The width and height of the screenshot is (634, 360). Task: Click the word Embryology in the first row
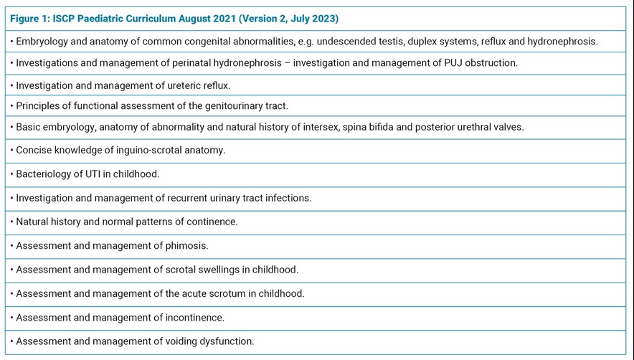pyautogui.click(x=42, y=42)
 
